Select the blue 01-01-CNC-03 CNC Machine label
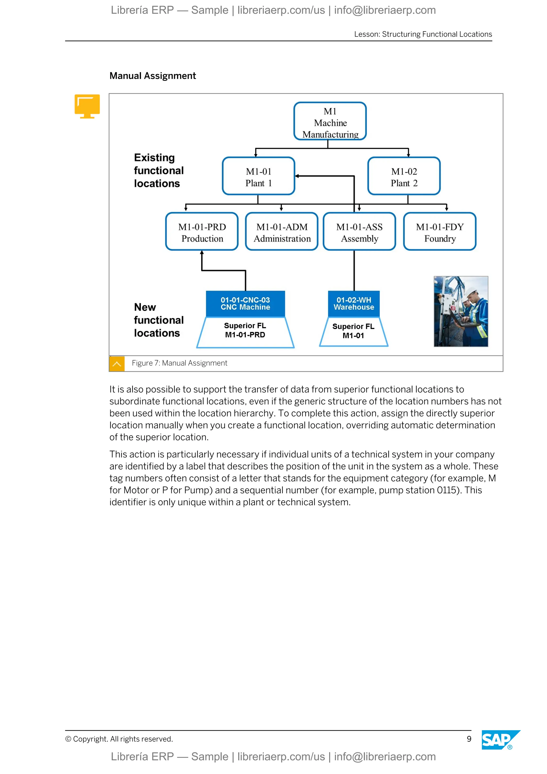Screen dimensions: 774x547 point(245,303)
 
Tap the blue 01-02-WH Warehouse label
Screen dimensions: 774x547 point(354,303)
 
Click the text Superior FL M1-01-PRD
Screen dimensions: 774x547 point(245,330)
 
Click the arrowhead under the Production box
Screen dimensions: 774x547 point(202,253)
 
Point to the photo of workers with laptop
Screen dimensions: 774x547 point(461,311)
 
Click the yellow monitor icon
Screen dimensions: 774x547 point(87,106)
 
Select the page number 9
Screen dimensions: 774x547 point(469,739)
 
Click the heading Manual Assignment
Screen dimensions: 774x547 point(153,76)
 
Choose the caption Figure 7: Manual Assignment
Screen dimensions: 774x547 point(179,363)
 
